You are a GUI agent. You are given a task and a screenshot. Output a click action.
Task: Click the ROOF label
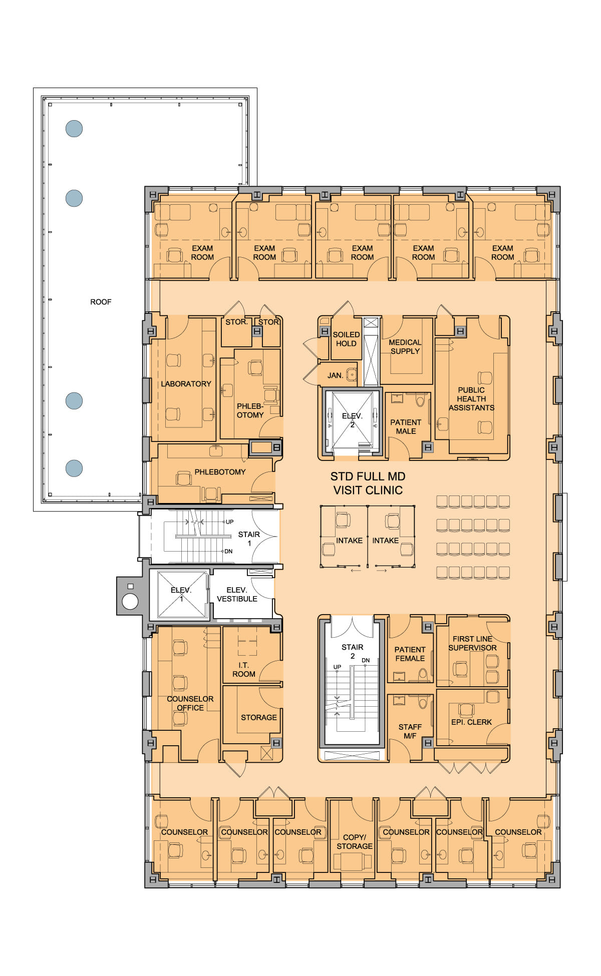[101, 302]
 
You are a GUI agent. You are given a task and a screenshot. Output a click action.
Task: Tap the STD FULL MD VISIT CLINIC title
[368, 483]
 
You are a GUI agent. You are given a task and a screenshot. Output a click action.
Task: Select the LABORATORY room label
[186, 384]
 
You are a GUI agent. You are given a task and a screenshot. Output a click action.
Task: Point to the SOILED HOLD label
[346, 339]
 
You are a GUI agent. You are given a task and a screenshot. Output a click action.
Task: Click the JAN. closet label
[335, 375]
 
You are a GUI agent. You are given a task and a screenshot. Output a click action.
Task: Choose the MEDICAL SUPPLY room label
[405, 347]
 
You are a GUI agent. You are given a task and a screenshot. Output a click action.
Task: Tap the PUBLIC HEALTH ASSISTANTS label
[471, 399]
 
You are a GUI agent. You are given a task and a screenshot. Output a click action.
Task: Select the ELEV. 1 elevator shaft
[181, 595]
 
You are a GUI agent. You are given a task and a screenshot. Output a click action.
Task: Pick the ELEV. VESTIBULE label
[237, 595]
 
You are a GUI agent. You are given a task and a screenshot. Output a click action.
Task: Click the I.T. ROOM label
[244, 670]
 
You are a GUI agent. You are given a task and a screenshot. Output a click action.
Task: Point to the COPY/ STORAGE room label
[355, 841]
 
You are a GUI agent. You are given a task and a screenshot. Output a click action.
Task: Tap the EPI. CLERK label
[471, 722]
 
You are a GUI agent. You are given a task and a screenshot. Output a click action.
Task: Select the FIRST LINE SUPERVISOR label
[472, 643]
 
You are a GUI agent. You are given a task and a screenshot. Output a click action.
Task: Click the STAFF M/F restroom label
[410, 731]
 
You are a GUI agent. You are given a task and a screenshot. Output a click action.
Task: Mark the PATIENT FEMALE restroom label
[410, 654]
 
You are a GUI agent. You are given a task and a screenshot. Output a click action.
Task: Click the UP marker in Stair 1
[229, 522]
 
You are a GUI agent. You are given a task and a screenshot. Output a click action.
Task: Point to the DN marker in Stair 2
[366, 660]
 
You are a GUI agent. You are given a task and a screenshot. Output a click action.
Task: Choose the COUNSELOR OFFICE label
[190, 703]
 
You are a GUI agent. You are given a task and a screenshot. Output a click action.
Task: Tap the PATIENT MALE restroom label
[406, 427]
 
